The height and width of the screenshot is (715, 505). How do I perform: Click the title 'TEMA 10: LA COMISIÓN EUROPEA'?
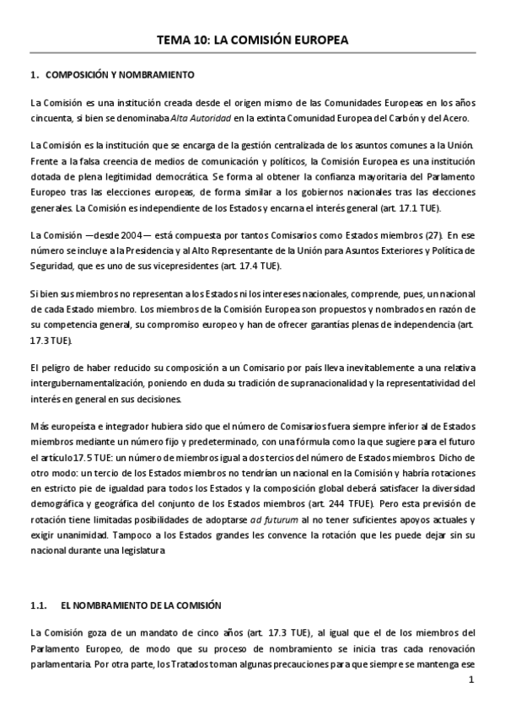point(252,40)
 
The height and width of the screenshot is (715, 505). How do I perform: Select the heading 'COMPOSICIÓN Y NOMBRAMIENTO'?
point(120,75)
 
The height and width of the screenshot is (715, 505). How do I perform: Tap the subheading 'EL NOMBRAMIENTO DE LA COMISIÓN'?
point(141,605)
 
